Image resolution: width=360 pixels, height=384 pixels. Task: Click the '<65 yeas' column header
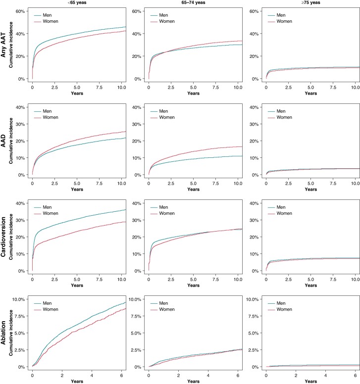[x=77, y=2]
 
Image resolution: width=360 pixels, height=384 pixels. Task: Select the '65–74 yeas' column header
[x=193, y=2]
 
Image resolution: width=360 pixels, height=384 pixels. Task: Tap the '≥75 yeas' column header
[x=311, y=2]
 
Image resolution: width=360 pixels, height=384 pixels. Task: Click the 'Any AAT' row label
[x=3, y=45]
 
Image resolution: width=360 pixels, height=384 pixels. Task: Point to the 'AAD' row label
[x=3, y=141]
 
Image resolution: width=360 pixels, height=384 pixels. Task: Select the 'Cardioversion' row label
[x=3, y=237]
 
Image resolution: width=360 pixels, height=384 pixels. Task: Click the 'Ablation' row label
[x=3, y=333]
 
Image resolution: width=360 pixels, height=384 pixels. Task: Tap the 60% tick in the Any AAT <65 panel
[x=20, y=11]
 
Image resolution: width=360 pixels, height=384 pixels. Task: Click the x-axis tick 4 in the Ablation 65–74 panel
[x=208, y=376]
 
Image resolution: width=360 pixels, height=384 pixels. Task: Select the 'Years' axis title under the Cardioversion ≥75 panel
[x=311, y=286]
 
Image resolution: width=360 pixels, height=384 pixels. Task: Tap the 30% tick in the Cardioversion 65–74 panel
[x=137, y=220]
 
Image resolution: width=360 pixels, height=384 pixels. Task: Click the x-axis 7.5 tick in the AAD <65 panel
[x=99, y=184]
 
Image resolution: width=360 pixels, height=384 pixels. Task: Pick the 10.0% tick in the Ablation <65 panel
[x=18, y=299]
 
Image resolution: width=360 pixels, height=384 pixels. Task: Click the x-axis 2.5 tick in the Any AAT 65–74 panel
[x=171, y=88]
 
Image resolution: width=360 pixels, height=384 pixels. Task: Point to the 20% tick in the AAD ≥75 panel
[x=254, y=141]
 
